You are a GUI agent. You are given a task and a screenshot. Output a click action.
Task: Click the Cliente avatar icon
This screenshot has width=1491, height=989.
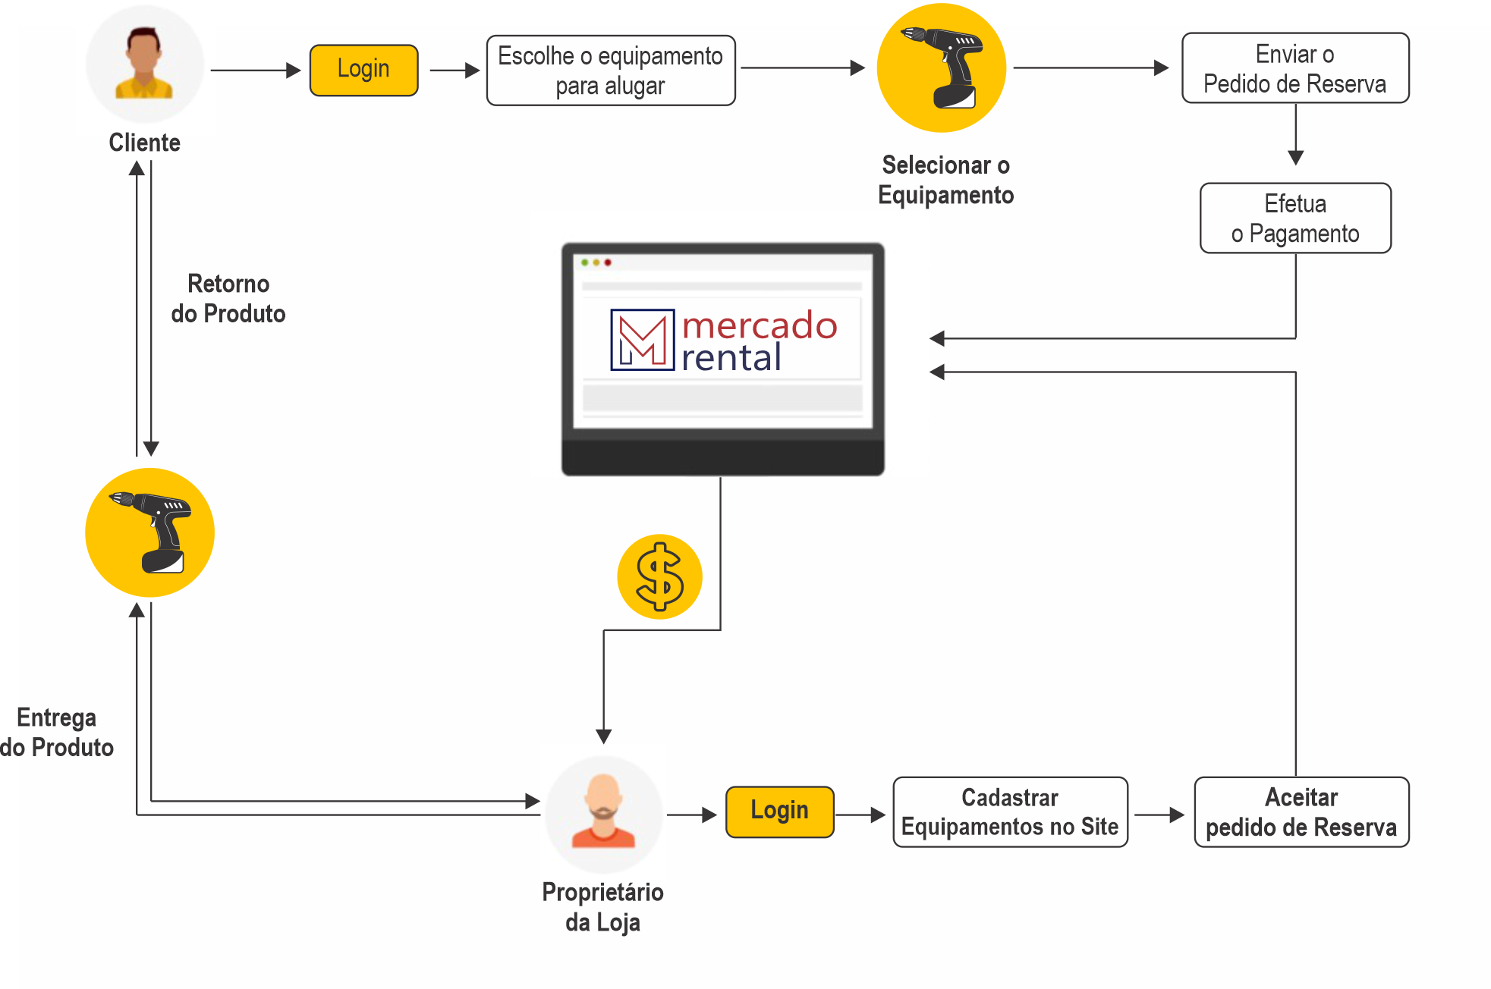(144, 64)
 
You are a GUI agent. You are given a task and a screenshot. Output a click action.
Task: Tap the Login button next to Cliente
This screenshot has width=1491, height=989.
(363, 70)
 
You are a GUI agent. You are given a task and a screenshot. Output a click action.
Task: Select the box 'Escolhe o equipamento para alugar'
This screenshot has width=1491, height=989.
(610, 71)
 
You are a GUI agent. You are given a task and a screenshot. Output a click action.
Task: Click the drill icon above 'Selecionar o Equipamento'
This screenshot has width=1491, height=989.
(942, 68)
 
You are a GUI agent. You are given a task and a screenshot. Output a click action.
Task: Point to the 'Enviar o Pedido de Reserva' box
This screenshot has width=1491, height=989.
(1294, 68)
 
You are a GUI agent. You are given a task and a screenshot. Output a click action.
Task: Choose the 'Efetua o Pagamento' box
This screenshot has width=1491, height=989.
(1294, 218)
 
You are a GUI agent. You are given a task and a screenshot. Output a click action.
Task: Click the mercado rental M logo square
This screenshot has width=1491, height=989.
(642, 340)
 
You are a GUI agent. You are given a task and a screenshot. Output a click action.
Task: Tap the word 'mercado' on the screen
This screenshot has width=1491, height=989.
(759, 325)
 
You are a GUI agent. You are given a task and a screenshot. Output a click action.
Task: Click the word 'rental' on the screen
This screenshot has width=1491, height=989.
(731, 358)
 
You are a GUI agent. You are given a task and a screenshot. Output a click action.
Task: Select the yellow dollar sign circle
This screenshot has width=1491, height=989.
(659, 576)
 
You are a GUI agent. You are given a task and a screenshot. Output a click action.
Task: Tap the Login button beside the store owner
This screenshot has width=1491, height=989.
(779, 812)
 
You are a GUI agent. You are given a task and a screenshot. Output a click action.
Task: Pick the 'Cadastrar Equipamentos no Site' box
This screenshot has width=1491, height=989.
(1009, 812)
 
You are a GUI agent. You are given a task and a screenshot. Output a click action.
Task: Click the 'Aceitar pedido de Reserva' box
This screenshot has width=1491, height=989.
(1301, 812)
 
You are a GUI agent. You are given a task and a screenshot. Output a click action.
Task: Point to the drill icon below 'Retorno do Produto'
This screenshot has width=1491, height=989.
(149, 532)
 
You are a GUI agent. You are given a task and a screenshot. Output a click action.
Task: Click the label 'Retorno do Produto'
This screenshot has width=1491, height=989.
(228, 299)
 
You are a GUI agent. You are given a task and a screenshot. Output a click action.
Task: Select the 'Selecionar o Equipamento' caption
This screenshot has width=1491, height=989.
(945, 180)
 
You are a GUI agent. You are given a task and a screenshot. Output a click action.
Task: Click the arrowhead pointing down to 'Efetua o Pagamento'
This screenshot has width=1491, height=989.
(1295, 158)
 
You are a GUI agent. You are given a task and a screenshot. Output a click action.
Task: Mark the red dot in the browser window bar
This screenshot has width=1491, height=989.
(608, 262)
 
